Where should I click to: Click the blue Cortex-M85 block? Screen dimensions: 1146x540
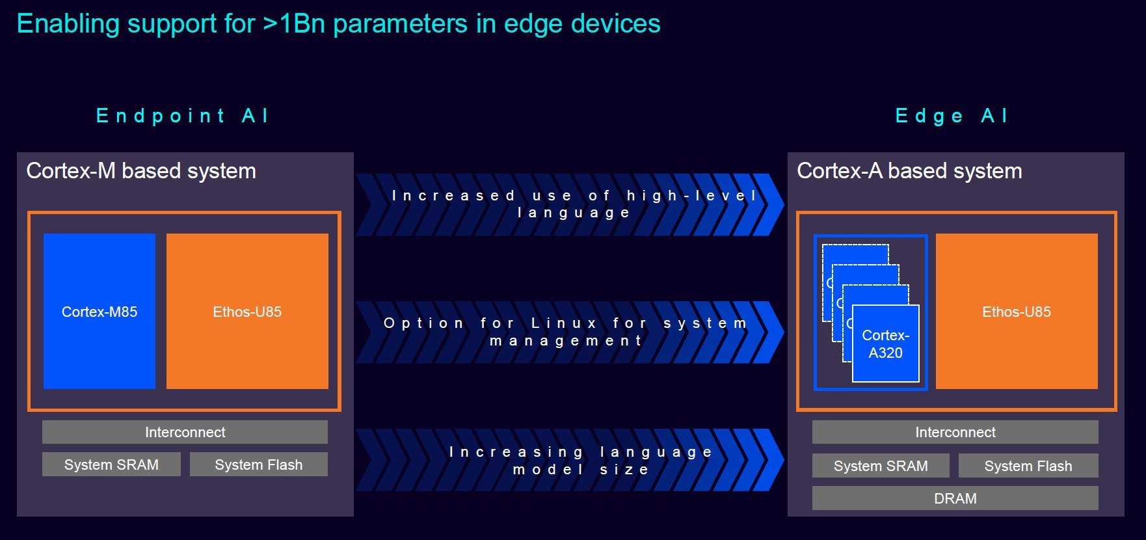[100, 311]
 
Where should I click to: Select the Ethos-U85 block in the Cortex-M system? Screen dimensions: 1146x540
[247, 311]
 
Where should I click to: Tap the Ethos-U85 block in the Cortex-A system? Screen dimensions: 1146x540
[1017, 311]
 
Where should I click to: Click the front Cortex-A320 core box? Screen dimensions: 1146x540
[886, 344]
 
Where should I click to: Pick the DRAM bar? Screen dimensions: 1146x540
[955, 498]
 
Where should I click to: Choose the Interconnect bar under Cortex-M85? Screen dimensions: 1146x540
[185, 432]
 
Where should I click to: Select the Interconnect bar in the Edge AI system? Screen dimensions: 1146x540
[955, 432]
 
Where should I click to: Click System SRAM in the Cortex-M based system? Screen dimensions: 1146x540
[111, 465]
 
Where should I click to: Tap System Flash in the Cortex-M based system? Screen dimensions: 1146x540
[259, 465]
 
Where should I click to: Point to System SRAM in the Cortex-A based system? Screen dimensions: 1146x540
[881, 466]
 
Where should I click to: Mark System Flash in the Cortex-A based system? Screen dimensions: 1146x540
[1028, 466]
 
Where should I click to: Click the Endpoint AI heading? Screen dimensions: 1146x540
[182, 116]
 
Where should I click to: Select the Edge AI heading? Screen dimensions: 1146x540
[952, 116]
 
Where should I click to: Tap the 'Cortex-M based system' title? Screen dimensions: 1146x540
[141, 171]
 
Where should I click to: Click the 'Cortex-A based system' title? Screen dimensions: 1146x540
[909, 171]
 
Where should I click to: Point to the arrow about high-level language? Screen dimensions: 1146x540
[570, 204]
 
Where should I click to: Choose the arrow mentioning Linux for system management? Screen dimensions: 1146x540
[570, 332]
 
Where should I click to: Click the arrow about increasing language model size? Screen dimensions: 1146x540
[570, 460]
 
